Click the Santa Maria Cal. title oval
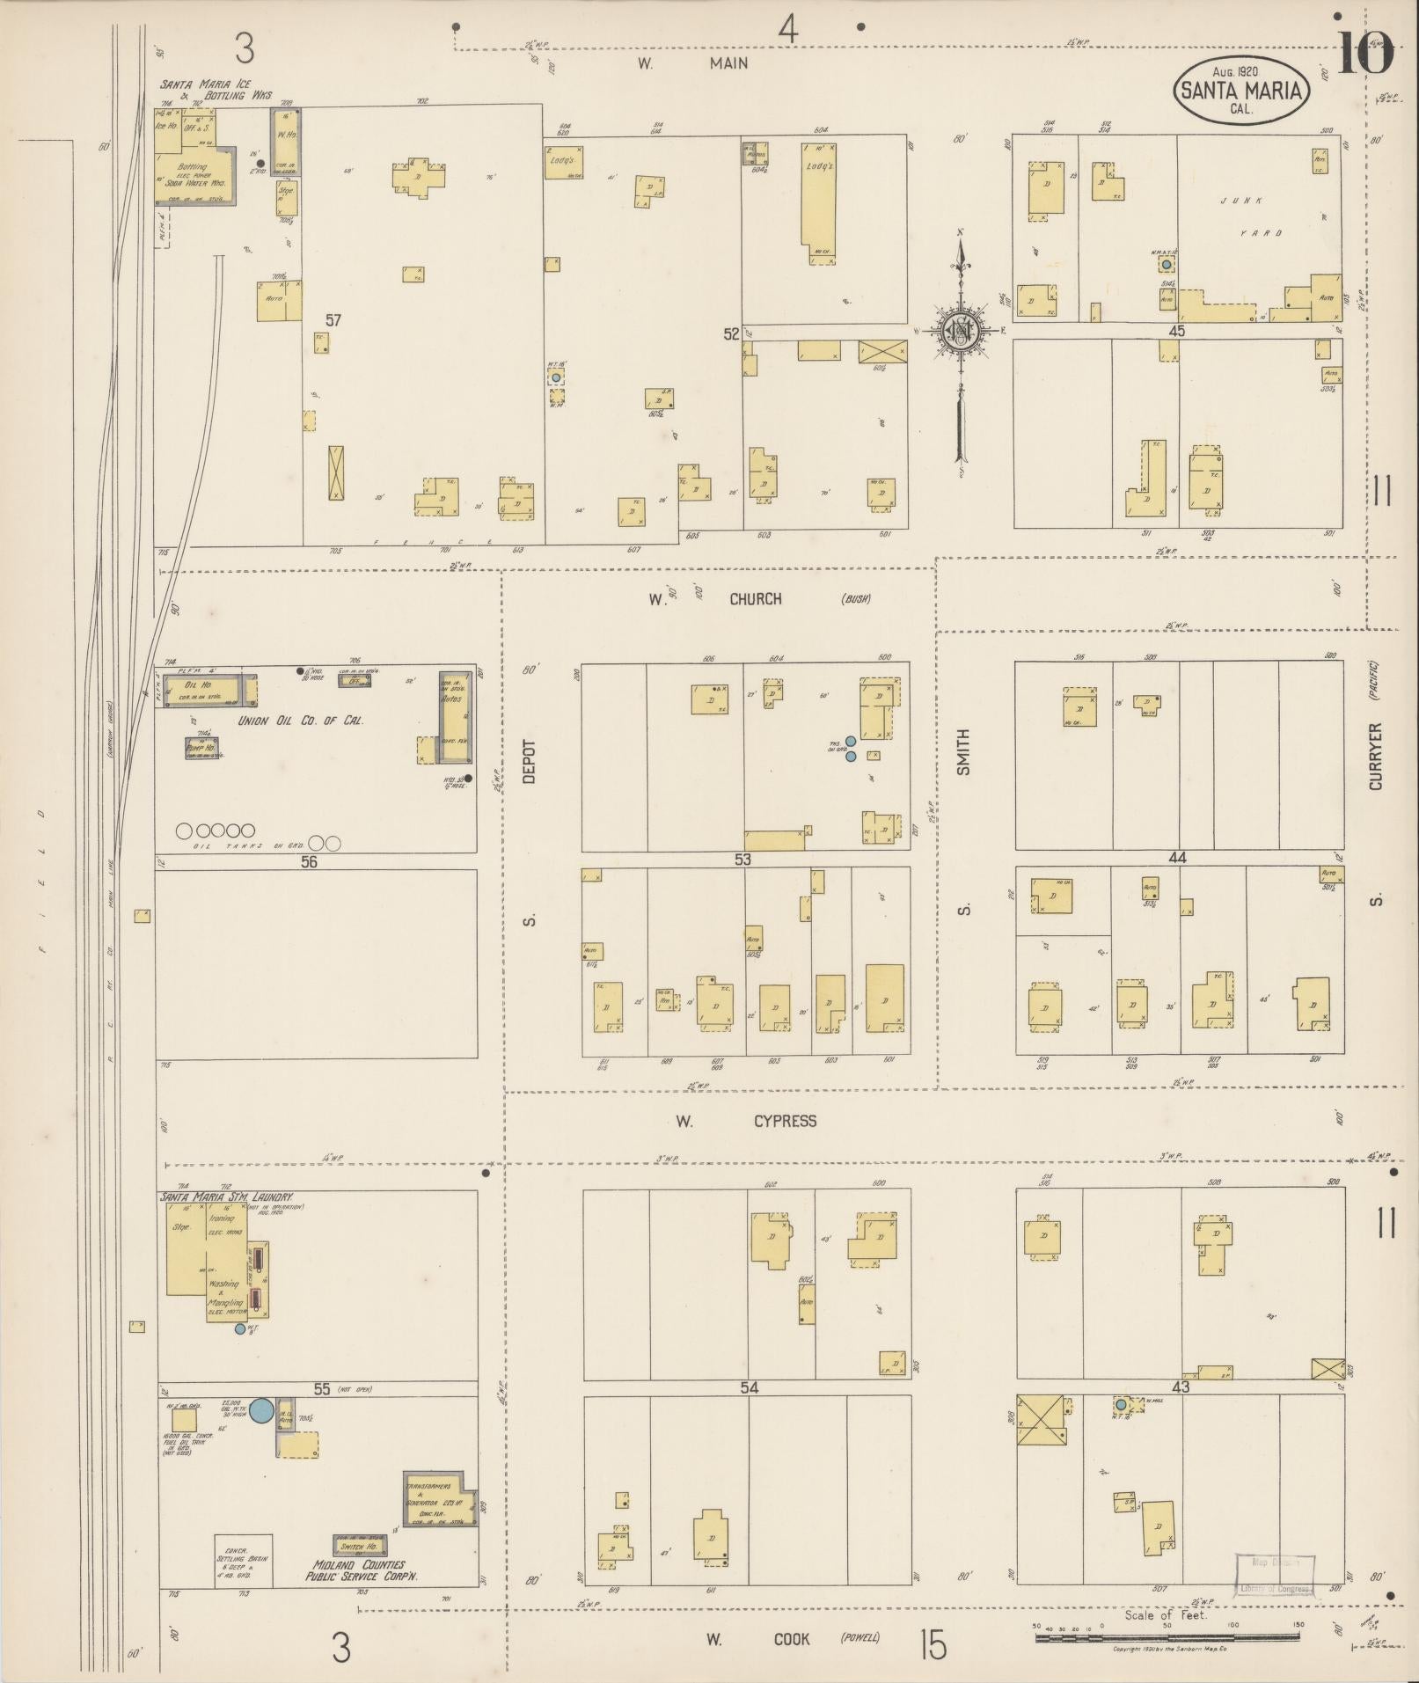coord(1241,90)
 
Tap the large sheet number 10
coord(1365,54)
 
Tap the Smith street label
coord(963,751)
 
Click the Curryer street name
coord(1376,756)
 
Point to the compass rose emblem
coord(962,331)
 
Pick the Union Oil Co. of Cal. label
coord(301,721)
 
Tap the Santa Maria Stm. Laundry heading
coord(226,1197)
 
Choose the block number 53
coord(743,860)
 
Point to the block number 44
coord(1177,858)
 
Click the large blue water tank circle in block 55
coord(260,1410)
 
